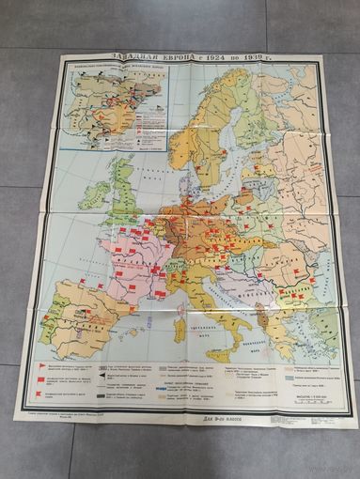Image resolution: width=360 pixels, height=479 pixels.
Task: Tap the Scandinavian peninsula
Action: (x=211, y=122)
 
